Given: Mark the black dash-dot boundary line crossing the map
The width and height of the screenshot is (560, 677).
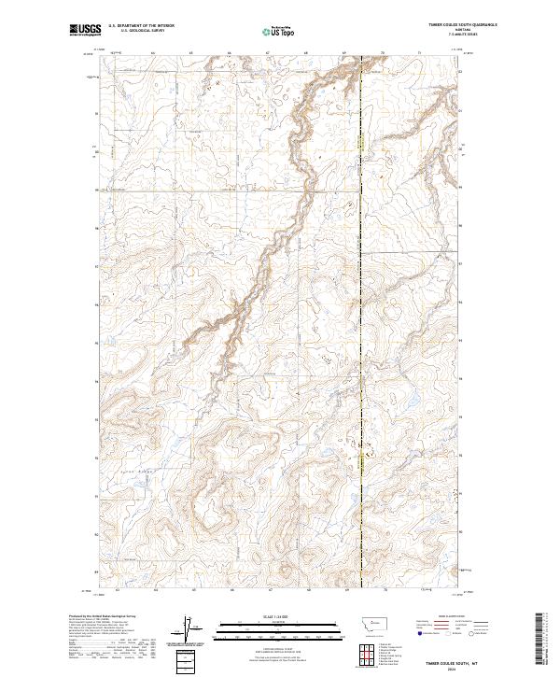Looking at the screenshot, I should [362, 327].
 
